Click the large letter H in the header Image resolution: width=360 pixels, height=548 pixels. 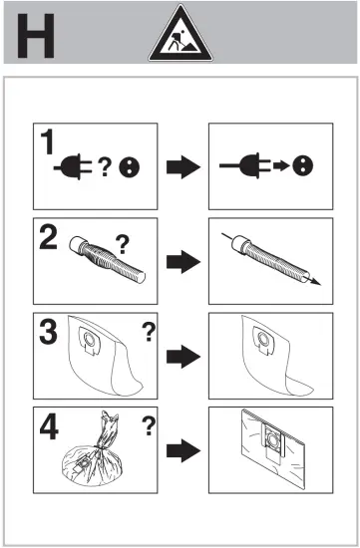point(36,36)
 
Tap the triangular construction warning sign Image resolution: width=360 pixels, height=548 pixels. point(180,34)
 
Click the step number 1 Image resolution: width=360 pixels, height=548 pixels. point(47,141)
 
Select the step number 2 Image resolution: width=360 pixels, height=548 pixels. point(48,237)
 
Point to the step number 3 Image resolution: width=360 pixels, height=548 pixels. point(48,332)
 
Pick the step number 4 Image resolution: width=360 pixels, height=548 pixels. point(49,426)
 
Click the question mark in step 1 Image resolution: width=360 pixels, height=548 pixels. point(105,166)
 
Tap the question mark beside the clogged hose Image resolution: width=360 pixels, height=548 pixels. point(122,244)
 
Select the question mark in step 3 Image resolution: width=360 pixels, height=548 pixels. point(149,332)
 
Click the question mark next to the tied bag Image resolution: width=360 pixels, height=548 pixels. point(149,426)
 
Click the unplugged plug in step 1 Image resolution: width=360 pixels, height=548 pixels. point(73,167)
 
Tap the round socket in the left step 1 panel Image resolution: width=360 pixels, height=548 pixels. point(129,167)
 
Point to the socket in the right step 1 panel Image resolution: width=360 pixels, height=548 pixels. point(303,165)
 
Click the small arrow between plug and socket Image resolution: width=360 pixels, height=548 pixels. point(281,165)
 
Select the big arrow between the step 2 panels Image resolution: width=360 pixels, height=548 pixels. point(183,262)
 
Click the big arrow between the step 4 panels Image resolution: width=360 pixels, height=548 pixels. point(183,450)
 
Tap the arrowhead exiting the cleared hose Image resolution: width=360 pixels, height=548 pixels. point(315,281)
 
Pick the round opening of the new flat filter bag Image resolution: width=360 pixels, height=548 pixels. point(272,438)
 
